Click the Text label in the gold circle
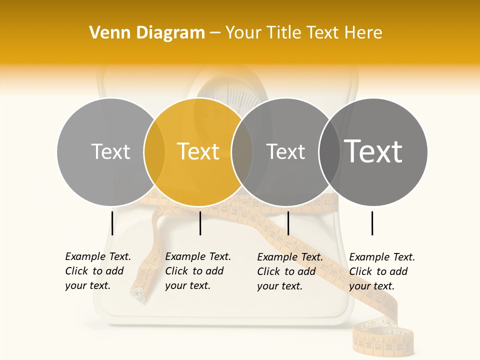[x=198, y=151]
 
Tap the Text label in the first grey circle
[x=111, y=151]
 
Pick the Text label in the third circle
[x=285, y=151]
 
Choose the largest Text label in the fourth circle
[x=373, y=151]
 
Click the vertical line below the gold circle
[x=200, y=223]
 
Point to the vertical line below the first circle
[x=112, y=223]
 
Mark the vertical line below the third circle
[x=288, y=223]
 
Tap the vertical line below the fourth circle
[x=372, y=223]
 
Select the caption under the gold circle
[x=198, y=271]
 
